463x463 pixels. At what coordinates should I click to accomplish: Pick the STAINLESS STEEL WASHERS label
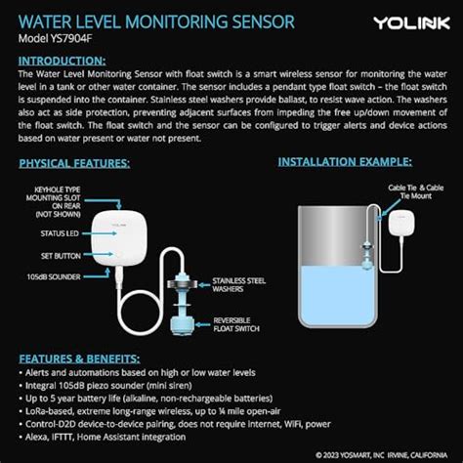[x=239, y=284]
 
